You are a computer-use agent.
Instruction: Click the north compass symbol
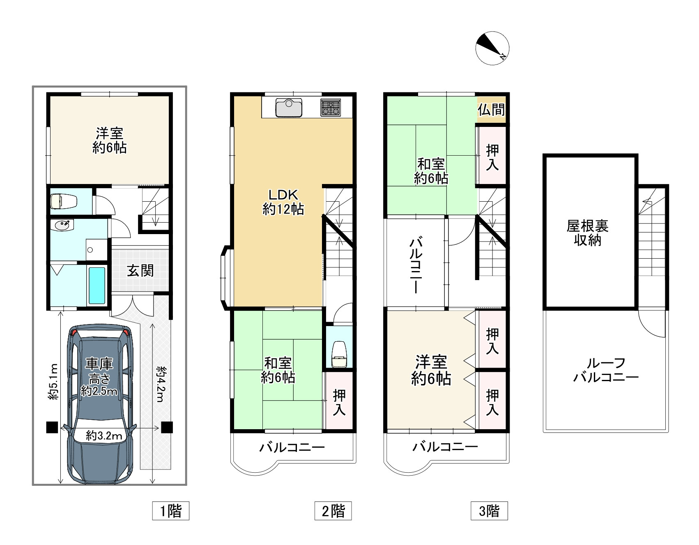492,48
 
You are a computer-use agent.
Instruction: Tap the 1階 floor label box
170,511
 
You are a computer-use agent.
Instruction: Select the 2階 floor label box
333,511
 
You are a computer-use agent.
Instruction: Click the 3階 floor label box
489,511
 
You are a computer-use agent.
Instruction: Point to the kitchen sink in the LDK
289,108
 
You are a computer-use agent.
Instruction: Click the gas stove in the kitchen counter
331,108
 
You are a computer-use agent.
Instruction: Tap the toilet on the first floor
64,201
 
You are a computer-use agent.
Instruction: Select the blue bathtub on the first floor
97,285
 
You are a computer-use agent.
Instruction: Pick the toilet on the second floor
339,354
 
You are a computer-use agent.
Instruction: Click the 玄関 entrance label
140,271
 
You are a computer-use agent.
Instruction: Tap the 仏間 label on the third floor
491,110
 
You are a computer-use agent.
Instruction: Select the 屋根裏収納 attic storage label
587,233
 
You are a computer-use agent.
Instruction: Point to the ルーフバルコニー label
606,370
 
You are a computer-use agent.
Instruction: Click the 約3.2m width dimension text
104,436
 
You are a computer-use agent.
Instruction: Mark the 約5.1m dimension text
53,382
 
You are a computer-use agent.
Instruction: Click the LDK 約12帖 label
283,202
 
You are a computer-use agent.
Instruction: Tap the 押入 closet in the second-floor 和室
339,402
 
